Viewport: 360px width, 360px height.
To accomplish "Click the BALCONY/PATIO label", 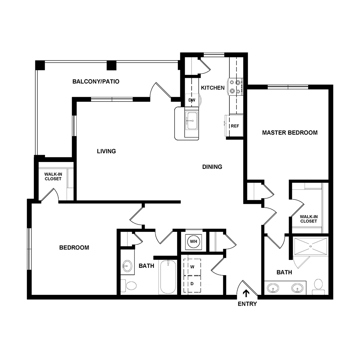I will pos(96,82).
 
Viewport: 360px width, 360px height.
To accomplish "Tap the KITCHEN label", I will pos(213,88).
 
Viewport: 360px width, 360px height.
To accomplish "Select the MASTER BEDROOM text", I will pos(290,132).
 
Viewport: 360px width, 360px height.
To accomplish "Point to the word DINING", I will pos(212,167).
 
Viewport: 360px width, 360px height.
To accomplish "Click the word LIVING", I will pos(106,151).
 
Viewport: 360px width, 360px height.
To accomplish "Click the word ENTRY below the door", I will pos(247,304).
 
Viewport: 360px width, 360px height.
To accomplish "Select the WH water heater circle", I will pos(193,241).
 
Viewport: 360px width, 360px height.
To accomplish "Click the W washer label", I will pos(193,267).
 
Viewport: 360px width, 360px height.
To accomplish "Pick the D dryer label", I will pos(193,284).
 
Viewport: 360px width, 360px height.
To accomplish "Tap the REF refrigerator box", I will pos(235,126).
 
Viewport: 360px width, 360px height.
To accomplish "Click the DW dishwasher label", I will pos(192,100).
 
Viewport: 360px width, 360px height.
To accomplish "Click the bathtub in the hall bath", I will pos(168,277).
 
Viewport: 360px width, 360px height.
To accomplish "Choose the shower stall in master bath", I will pos(310,247).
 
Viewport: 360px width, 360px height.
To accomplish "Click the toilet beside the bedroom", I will pos(130,286).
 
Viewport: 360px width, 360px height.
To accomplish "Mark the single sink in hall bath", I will pos(126,267).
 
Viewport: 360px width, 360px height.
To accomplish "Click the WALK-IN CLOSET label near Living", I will pos(53,176).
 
